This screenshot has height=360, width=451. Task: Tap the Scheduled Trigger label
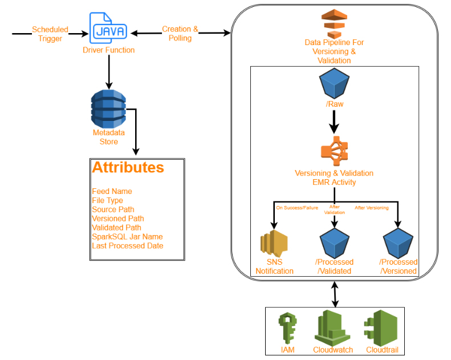pos(50,34)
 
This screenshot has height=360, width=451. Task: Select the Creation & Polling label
pos(180,34)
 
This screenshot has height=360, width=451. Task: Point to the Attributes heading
pos(128,168)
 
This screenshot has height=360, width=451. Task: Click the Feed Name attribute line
pos(112,191)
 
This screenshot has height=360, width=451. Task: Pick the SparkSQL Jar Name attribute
pos(127,237)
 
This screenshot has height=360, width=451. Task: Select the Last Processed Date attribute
pos(127,246)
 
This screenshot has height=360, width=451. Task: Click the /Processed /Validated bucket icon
pos(334,242)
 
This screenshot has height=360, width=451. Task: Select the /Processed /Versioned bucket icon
pos(398,242)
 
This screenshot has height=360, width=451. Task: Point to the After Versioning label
pos(372,208)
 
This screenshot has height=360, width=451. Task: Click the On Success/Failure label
pos(297,208)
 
